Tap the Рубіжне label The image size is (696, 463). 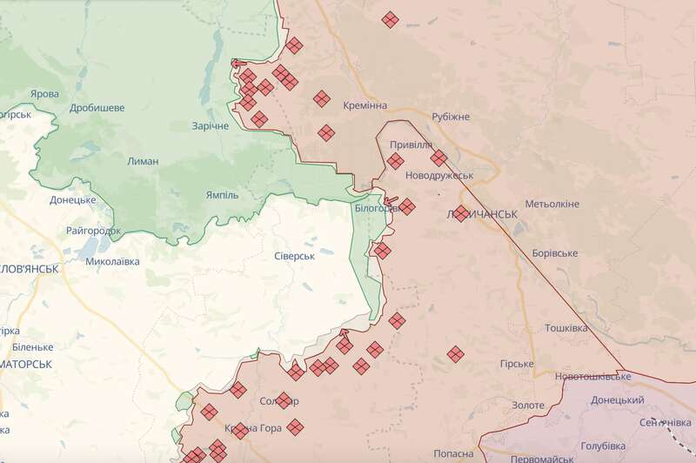pos(451,117)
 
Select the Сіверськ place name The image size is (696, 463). pos(293,256)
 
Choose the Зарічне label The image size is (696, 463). pos(211,126)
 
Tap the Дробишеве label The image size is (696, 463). pos(97,108)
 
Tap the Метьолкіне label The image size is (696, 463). pos(552,204)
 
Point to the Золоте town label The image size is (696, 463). pos(528,406)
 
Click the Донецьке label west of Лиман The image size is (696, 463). pos(72,200)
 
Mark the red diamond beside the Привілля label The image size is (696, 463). pos(395,161)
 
